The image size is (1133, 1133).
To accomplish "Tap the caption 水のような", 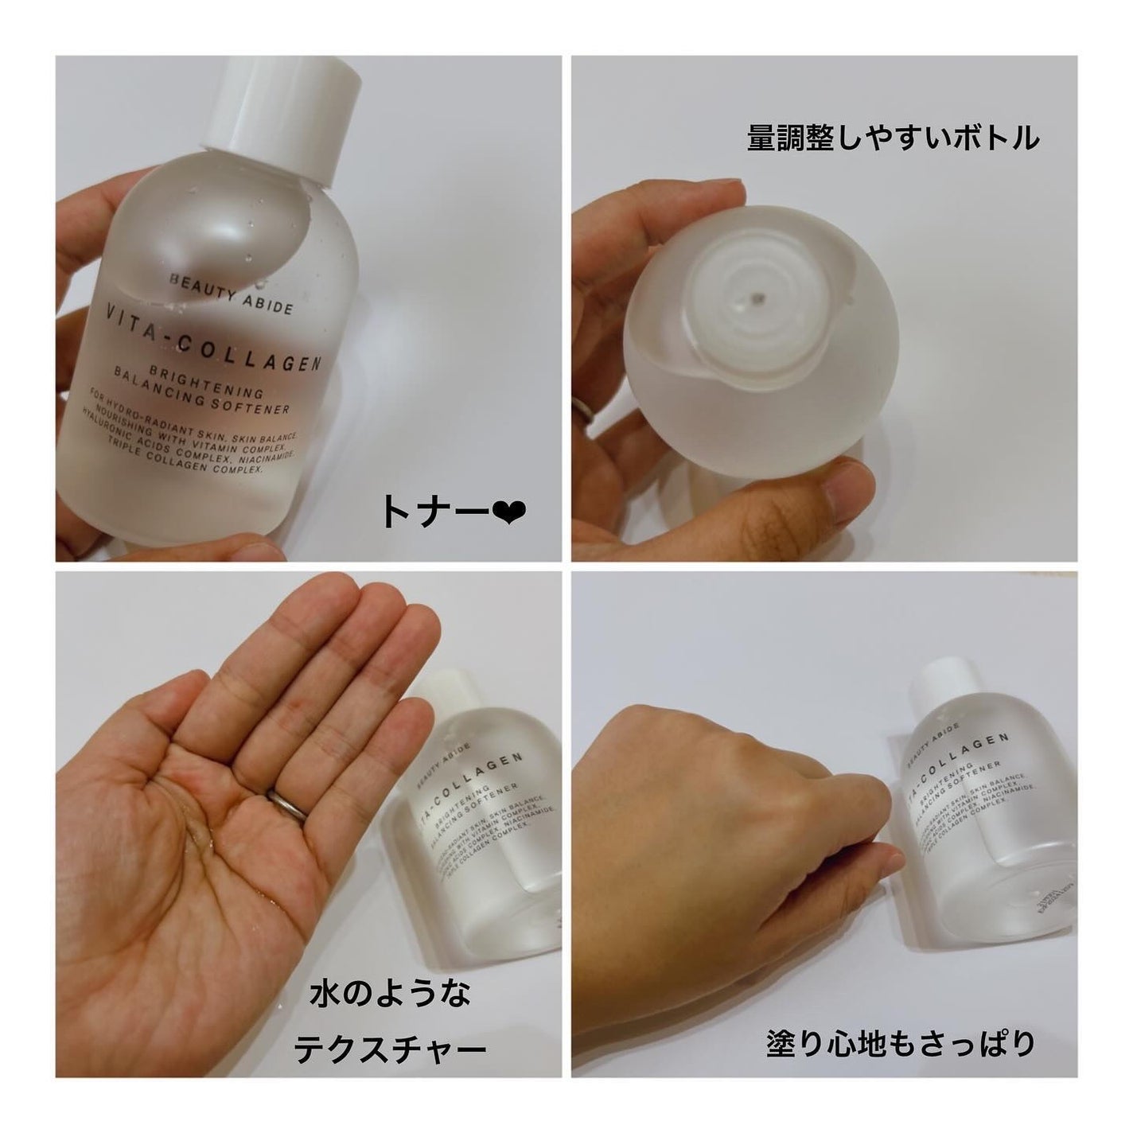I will click(390, 994).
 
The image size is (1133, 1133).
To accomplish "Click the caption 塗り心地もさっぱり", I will click(899, 1043).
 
